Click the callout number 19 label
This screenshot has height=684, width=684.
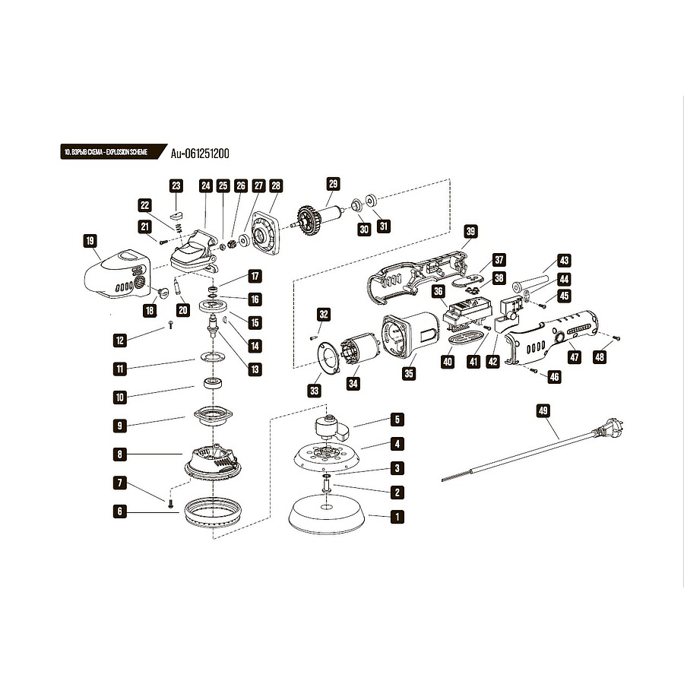90,242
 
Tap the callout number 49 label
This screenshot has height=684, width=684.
543,410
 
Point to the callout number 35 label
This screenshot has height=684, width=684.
410,374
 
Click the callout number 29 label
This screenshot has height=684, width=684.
332,183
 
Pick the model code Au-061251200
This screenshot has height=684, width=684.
200,153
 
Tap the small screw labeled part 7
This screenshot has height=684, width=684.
173,502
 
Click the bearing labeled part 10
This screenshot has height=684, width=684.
211,382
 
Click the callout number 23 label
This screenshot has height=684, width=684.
176,185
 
